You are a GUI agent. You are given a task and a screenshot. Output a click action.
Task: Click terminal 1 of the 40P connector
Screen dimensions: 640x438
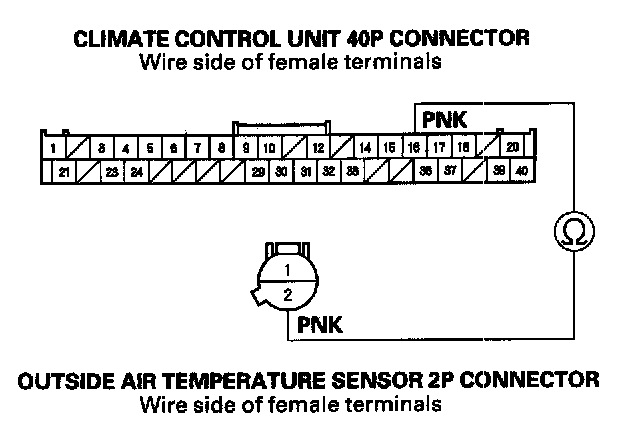click(x=52, y=147)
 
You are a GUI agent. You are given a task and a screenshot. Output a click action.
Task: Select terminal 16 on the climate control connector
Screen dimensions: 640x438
click(x=413, y=147)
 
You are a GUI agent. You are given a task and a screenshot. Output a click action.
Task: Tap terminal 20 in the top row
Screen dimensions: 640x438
click(x=511, y=147)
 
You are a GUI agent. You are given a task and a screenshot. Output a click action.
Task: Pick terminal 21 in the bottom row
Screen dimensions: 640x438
click(x=64, y=171)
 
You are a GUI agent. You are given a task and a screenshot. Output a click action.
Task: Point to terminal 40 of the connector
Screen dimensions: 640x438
click(x=522, y=171)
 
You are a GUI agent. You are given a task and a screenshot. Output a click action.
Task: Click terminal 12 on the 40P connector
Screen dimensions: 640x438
click(x=317, y=147)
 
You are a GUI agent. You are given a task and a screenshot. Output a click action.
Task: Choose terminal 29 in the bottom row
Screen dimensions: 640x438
click(x=258, y=171)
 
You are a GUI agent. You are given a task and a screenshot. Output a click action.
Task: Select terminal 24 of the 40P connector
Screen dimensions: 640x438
click(x=136, y=171)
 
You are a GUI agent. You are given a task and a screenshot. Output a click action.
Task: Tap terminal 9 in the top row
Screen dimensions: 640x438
click(x=246, y=147)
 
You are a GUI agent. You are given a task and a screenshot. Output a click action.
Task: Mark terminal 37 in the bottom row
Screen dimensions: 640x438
click(x=450, y=171)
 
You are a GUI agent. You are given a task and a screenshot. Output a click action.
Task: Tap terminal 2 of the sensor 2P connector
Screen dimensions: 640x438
click(x=287, y=294)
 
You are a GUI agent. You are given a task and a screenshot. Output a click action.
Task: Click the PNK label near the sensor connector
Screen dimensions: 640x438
click(x=320, y=326)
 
